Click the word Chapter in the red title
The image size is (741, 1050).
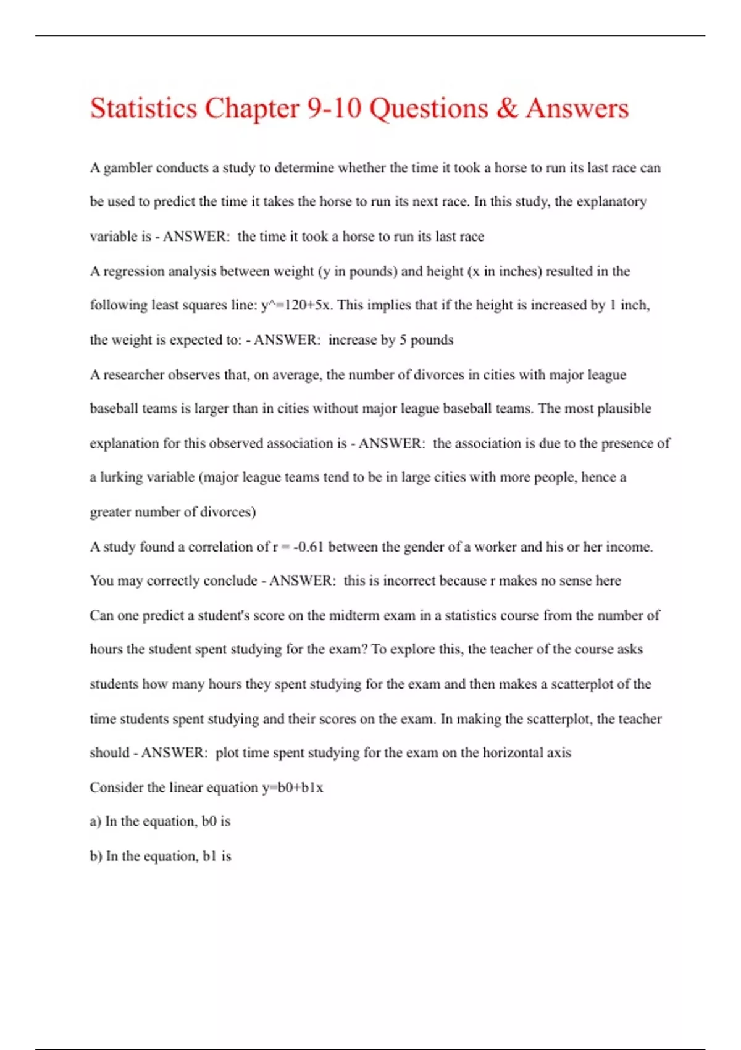pos(252,109)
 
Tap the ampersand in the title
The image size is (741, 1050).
pos(506,109)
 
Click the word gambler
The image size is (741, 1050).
pos(127,168)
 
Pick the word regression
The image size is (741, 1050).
pos(134,271)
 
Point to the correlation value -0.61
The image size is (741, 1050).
pos(309,547)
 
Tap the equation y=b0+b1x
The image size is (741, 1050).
pos(292,787)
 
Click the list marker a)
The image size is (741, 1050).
pos(96,821)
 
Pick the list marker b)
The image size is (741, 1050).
pos(96,856)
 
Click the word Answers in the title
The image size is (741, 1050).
pos(577,109)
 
